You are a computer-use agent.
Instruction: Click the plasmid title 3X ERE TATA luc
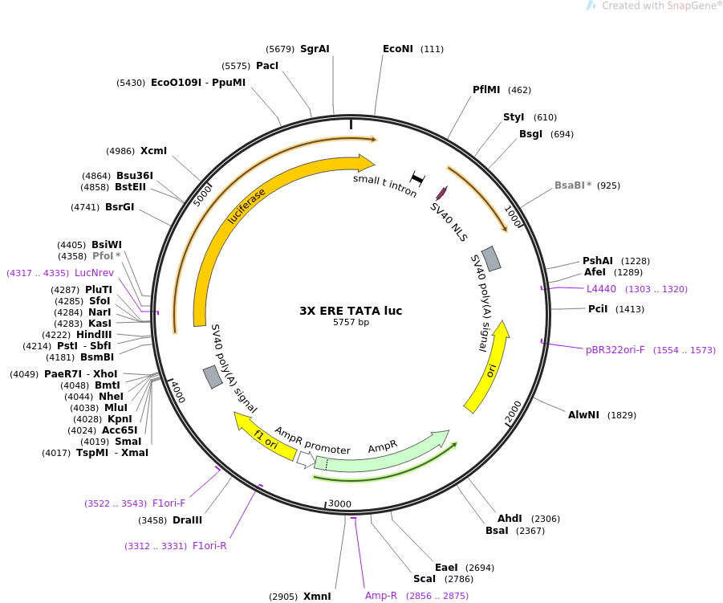pyautogui.click(x=351, y=311)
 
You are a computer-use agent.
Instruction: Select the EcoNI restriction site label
pyautogui.click(x=398, y=49)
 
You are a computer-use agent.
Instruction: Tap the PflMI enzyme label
pyautogui.click(x=486, y=89)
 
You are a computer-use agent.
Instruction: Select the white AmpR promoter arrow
pyautogui.click(x=306, y=459)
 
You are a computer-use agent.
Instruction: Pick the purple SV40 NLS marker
pyautogui.click(x=441, y=193)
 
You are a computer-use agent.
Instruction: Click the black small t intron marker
pyautogui.click(x=417, y=178)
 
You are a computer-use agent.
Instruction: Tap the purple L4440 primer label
pyautogui.click(x=601, y=289)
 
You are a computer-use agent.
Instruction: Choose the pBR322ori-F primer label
pyautogui.click(x=615, y=350)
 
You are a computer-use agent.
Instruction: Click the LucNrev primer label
pyautogui.click(x=94, y=273)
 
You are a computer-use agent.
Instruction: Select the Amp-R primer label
pyautogui.click(x=381, y=596)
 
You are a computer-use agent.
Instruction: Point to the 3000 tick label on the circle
pyautogui.click(x=339, y=503)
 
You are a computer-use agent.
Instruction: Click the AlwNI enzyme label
pyautogui.click(x=583, y=415)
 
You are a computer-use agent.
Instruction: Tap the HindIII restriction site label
pyautogui.click(x=94, y=335)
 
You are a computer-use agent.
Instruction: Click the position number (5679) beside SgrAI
pyautogui.click(x=280, y=49)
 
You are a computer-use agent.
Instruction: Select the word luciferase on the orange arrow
pyautogui.click(x=246, y=206)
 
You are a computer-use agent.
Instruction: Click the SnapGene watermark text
pyautogui.click(x=662, y=6)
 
